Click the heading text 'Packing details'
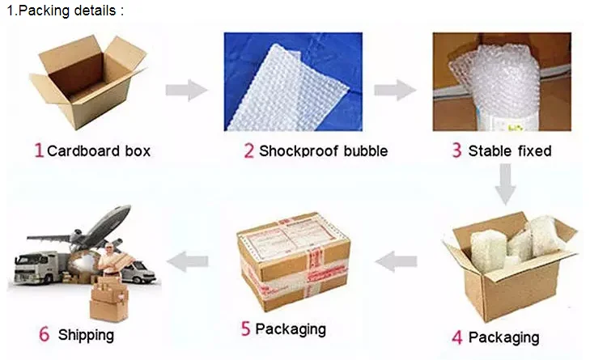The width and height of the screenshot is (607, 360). [x=69, y=11]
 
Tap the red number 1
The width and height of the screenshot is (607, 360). [x=38, y=150]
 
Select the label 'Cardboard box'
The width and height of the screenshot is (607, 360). [x=99, y=151]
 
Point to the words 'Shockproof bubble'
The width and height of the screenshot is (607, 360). [x=323, y=151]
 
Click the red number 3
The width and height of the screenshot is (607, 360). [x=456, y=150]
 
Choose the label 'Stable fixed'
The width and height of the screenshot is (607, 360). [x=510, y=151]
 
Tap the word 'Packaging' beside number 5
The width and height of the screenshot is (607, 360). [x=291, y=328]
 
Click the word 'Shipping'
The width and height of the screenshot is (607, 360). [x=86, y=334]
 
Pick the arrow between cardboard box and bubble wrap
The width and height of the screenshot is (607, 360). [x=186, y=90]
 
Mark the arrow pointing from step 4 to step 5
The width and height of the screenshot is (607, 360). [x=397, y=260]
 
